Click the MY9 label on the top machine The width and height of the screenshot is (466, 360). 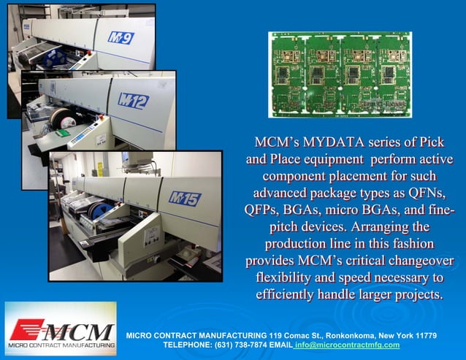coord(121,37)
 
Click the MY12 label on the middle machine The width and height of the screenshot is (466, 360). coord(134,100)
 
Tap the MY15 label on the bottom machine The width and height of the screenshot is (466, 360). coord(186,198)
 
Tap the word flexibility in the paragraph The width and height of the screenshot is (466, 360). coord(287,278)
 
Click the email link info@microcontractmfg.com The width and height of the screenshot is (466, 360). coord(347,345)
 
